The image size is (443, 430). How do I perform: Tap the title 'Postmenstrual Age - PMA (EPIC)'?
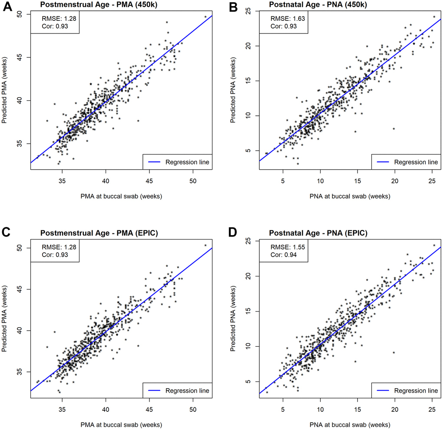[x=99, y=233]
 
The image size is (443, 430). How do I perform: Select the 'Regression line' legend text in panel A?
[x=187, y=162]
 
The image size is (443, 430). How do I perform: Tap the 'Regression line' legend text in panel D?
[x=416, y=391]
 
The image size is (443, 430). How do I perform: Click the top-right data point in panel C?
[x=205, y=245]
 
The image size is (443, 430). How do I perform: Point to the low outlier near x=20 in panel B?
[x=394, y=128]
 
